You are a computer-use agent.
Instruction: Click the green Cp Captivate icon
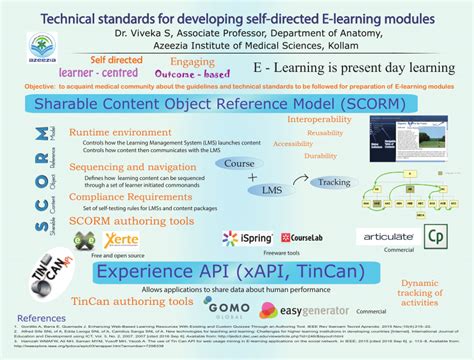click(x=435, y=237)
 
